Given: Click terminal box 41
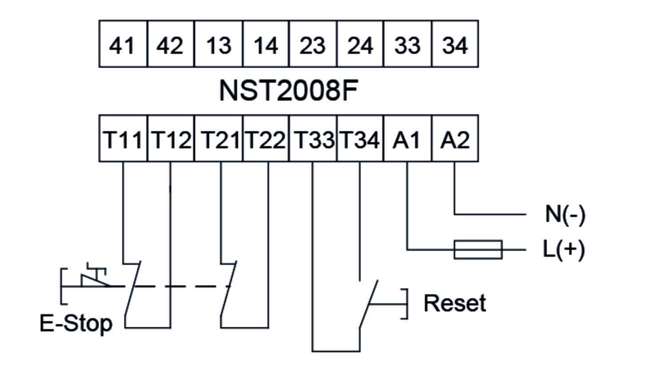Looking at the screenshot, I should (123, 44).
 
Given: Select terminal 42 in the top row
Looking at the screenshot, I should (170, 44).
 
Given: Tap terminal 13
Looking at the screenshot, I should (218, 44).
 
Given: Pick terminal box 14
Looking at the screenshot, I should (266, 44).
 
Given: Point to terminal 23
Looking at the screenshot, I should (313, 44).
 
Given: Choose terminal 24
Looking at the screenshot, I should (360, 44).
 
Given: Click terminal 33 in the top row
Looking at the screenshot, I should (408, 44).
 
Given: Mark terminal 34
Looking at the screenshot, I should (455, 44).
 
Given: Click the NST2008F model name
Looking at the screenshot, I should (289, 91).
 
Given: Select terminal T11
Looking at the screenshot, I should (123, 139).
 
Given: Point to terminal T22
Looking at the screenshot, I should (266, 139).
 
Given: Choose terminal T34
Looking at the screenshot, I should (360, 139).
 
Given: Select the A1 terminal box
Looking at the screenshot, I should (408, 139).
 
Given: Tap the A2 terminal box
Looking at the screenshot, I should (455, 139).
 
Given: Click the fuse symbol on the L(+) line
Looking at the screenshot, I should (478, 249).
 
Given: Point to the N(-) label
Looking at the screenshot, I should (565, 214).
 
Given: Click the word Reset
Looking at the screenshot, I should (455, 303).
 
